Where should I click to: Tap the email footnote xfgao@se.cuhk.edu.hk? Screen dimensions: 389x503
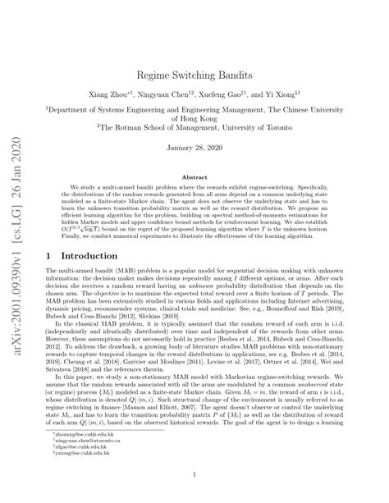pyautogui.click(x=98, y=445)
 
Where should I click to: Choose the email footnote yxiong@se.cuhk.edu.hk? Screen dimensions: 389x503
pyautogui.click(x=99, y=452)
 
